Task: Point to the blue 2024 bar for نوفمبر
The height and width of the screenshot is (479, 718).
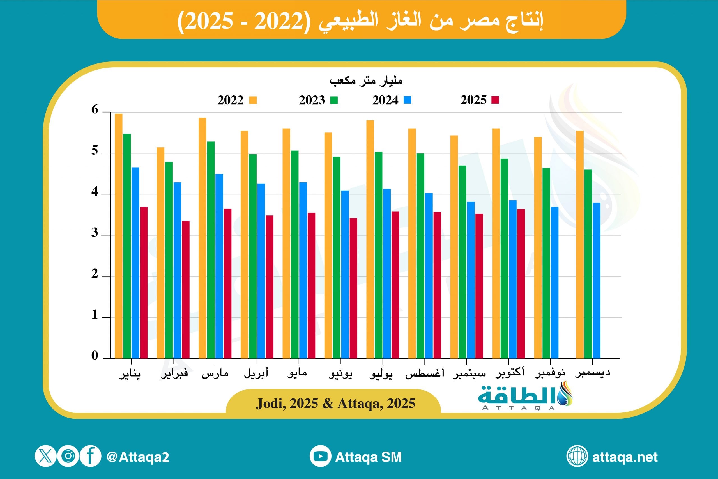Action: (x=555, y=282)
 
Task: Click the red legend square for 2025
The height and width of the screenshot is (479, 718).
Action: (x=495, y=100)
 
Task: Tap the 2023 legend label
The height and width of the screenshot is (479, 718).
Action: (x=312, y=100)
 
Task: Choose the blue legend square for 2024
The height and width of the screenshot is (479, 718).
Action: (x=407, y=100)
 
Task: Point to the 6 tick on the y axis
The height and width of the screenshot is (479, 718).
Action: (x=95, y=110)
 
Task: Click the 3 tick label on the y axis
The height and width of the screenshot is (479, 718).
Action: (x=95, y=233)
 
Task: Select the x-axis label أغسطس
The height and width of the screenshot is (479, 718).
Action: (x=424, y=373)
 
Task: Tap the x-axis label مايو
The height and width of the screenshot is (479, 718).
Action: (x=297, y=373)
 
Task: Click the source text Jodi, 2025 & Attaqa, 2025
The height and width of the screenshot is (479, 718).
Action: (x=335, y=404)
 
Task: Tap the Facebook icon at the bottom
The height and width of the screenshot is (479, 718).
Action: (x=90, y=456)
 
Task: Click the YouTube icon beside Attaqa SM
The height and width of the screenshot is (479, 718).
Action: (x=320, y=456)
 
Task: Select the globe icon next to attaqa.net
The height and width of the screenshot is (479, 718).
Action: (x=577, y=456)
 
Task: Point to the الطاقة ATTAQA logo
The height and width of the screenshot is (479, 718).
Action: (x=525, y=397)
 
